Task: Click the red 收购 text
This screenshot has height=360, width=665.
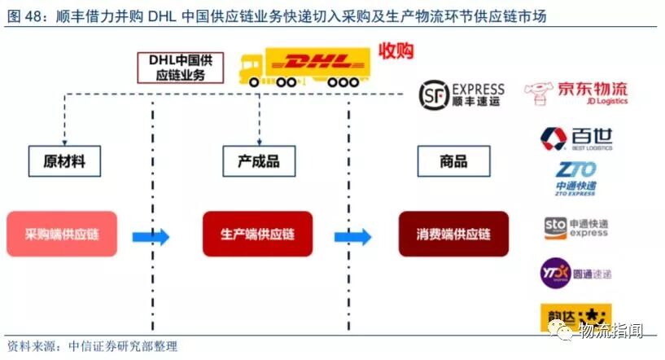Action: click(396, 51)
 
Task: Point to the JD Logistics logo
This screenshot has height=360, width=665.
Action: click(576, 94)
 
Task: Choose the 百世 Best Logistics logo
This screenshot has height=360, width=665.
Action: click(576, 138)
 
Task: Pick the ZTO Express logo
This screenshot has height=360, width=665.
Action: click(575, 179)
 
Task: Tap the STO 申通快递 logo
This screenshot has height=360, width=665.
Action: click(575, 228)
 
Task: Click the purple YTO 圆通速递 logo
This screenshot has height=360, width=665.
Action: click(575, 274)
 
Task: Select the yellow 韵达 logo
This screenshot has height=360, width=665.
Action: click(575, 317)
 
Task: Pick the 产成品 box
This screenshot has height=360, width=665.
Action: click(258, 161)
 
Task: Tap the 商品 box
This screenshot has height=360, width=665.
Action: click(453, 161)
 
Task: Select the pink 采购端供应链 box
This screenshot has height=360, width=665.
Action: click(62, 235)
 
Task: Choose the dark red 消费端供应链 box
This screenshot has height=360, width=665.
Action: click(453, 235)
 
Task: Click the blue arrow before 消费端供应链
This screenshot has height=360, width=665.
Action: click(352, 237)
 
